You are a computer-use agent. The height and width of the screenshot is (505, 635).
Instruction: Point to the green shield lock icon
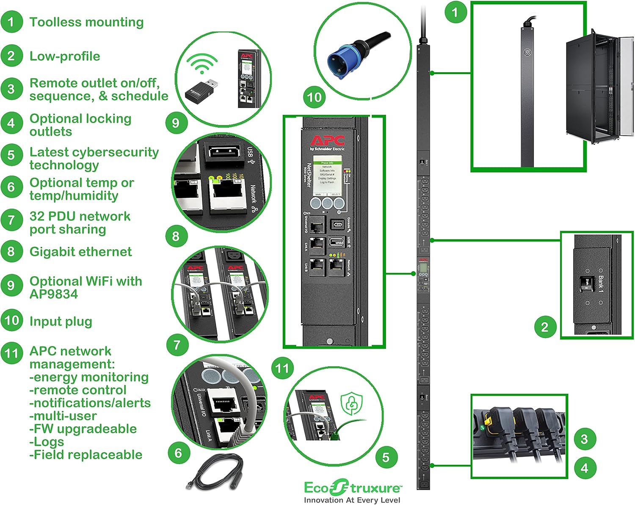352,403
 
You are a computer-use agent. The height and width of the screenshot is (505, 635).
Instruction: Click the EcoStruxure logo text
352,488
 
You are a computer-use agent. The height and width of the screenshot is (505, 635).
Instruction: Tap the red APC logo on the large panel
327,140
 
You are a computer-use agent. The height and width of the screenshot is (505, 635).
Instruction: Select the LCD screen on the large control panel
327,175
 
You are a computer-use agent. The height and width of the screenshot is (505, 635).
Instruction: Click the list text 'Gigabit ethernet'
80,252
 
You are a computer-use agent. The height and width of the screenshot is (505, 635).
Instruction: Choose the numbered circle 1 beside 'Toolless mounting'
11,22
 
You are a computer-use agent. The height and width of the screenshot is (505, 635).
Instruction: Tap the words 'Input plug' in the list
61,321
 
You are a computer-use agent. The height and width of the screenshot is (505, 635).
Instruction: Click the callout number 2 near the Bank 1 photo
544,327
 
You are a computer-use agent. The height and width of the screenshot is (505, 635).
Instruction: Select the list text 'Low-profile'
65,56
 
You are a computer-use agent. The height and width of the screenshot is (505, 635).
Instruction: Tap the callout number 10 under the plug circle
314,97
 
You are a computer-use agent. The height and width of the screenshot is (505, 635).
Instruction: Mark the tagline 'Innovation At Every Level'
352,500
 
